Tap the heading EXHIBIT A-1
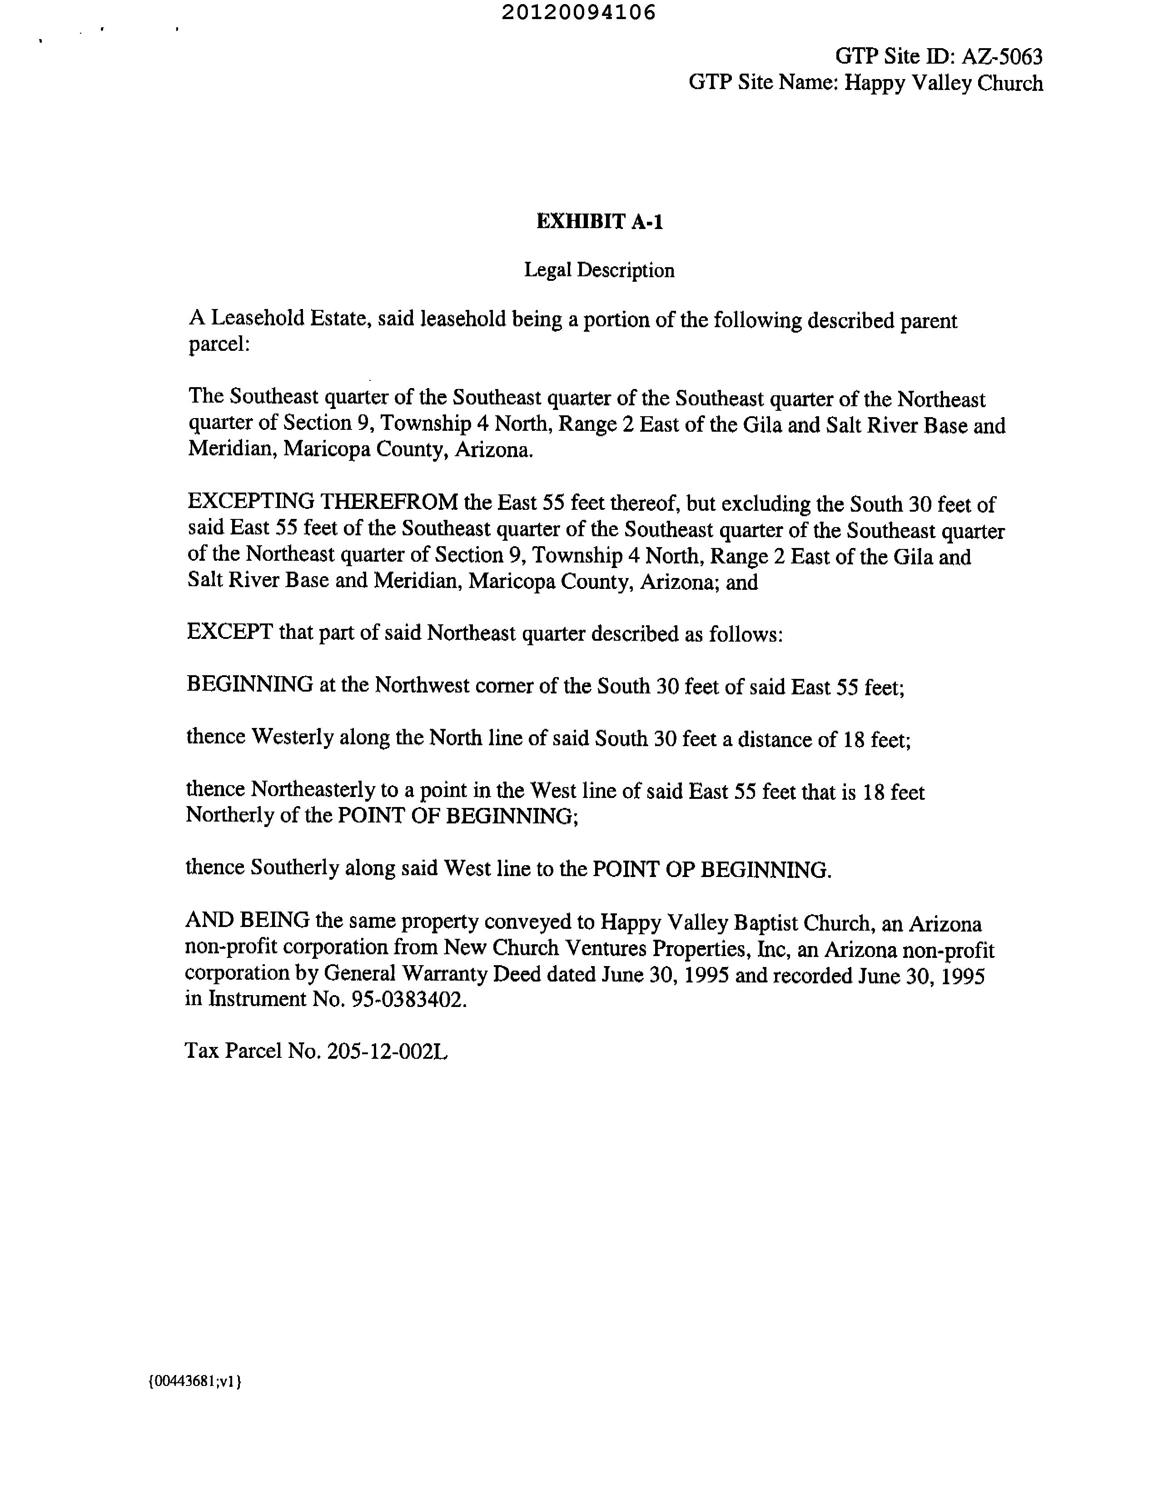[599, 222]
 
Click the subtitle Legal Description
[599, 270]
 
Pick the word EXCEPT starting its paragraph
[229, 632]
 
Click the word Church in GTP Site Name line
[1010, 83]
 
